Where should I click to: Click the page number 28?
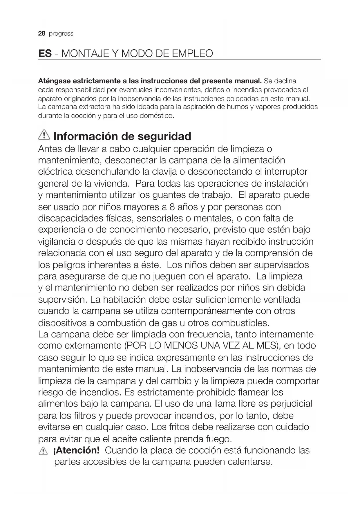tap(42, 34)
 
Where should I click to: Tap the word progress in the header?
tap(61, 34)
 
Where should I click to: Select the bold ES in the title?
tap(45, 54)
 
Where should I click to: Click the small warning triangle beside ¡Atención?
tap(43, 451)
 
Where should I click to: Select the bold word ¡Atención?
tap(76, 450)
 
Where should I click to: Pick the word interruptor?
tap(286, 172)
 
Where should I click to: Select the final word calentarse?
tap(250, 462)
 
